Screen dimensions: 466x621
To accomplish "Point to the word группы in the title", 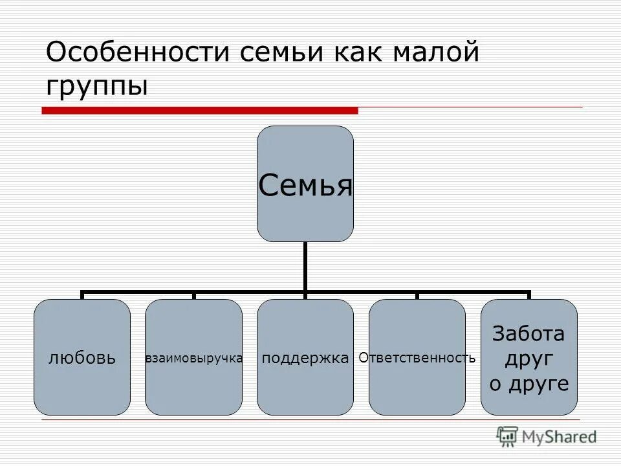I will click(x=97, y=85).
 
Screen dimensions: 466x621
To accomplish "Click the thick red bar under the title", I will click(x=199, y=111).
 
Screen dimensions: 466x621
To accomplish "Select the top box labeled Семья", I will click(x=305, y=184).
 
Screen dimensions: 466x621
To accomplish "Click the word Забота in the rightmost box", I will click(x=528, y=334).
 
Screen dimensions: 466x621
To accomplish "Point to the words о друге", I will click(x=528, y=384).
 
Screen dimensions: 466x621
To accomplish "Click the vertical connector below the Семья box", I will click(x=305, y=266).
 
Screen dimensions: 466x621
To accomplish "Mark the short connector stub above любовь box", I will click(x=83, y=296).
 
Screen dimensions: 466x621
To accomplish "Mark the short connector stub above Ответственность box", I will click(x=417, y=296).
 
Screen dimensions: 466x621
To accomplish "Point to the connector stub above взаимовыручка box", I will click(x=194, y=296).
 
